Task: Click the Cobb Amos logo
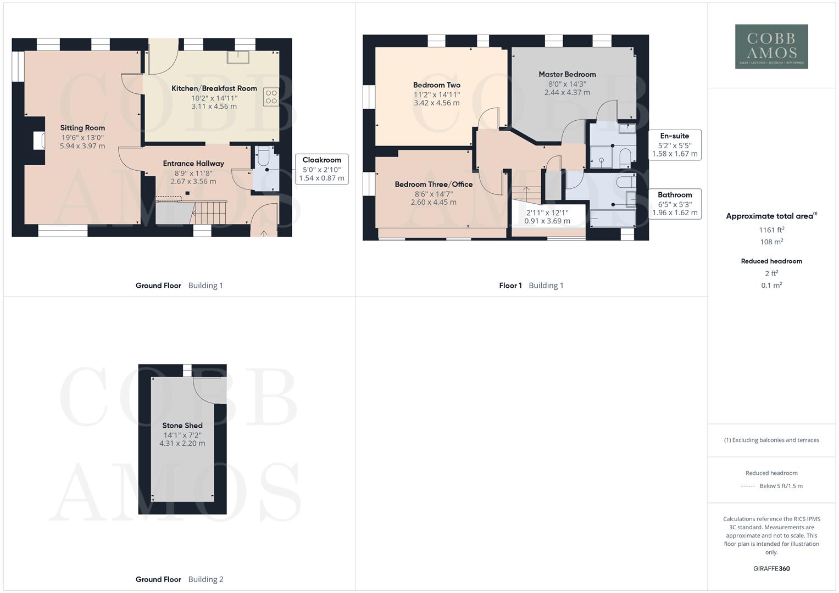pyautogui.click(x=771, y=47)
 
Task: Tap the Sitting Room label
pyautogui.click(x=82, y=128)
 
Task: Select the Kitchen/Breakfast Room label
pyautogui.click(x=214, y=88)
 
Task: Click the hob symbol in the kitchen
pyautogui.click(x=271, y=97)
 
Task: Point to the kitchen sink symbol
pyautogui.click(x=238, y=57)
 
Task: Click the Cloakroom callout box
pyautogui.click(x=321, y=169)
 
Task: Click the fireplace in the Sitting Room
pyautogui.click(x=39, y=141)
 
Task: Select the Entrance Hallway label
pyautogui.click(x=193, y=164)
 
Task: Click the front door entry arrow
pyautogui.click(x=264, y=233)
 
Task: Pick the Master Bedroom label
pyautogui.click(x=567, y=75)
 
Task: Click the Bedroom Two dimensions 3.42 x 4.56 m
pyautogui.click(x=436, y=103)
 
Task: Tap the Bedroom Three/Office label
pyautogui.click(x=434, y=184)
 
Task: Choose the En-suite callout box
pyautogui.click(x=674, y=145)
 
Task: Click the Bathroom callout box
pyautogui.click(x=675, y=204)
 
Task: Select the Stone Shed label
pyautogui.click(x=182, y=426)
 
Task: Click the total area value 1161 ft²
pyautogui.click(x=771, y=230)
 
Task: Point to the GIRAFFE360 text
pyautogui.click(x=771, y=569)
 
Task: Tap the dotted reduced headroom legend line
pyautogui.click(x=748, y=486)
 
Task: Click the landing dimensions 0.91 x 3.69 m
pyautogui.click(x=547, y=221)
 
